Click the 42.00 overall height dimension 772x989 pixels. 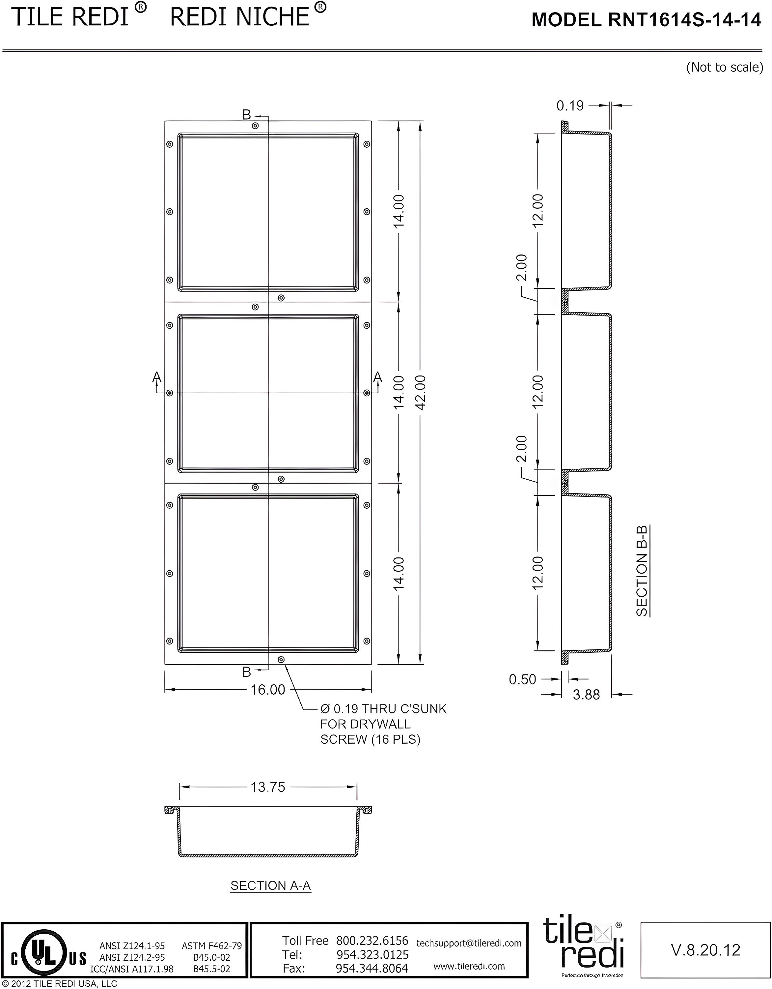coord(421,393)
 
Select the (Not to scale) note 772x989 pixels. coord(725,68)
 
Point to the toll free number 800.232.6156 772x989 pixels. coord(372,941)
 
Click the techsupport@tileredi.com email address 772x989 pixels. coord(469,943)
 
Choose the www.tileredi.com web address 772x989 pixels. coord(469,966)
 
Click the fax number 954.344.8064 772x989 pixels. coord(372,968)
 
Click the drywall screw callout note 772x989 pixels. coord(383,724)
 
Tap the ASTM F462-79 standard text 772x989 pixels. coord(211,945)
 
